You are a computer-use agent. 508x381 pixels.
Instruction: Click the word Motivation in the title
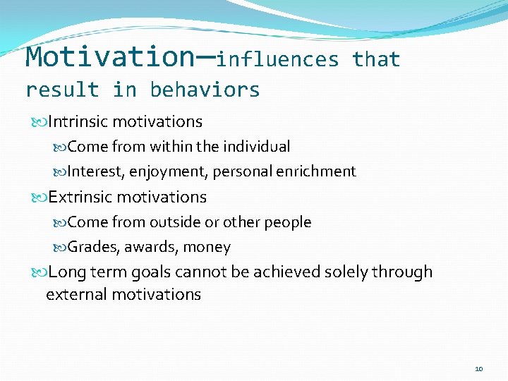click(104, 56)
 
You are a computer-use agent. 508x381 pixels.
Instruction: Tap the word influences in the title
click(278, 60)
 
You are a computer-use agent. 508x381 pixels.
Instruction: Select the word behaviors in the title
click(205, 90)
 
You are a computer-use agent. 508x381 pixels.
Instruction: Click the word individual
click(256, 147)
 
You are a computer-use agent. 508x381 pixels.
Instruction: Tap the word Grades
click(90, 247)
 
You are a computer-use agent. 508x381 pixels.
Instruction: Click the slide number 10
click(479, 369)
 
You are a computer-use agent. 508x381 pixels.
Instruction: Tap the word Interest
click(94, 171)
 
